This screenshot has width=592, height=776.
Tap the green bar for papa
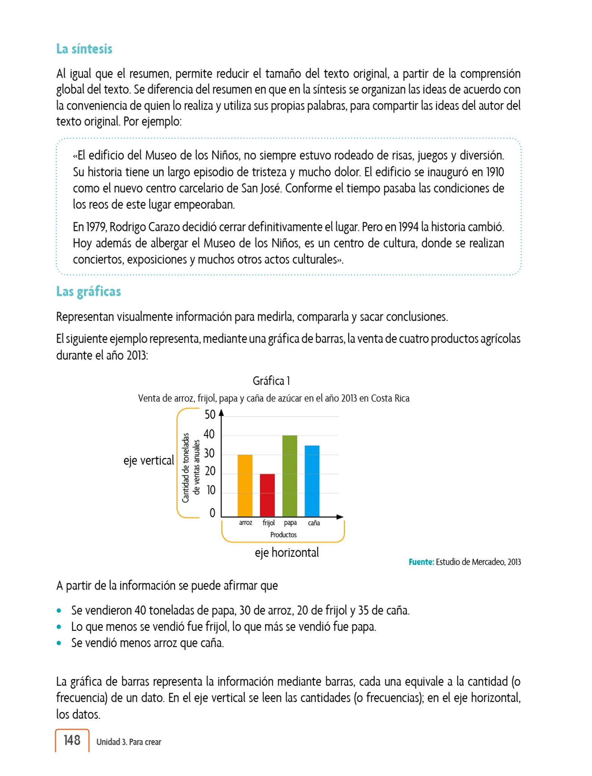point(290,476)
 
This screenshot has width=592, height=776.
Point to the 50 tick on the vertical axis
point(210,415)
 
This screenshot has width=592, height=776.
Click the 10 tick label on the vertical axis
point(210,490)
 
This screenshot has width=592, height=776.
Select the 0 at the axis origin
point(212,513)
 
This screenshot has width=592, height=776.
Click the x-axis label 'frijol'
point(268,523)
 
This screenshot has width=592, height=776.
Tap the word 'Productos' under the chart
point(283,535)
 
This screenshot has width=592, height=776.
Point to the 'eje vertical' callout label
point(149,460)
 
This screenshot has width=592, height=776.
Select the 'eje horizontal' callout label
point(287,552)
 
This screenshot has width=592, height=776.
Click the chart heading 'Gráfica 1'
point(271,381)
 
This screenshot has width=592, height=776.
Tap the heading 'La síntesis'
point(84,49)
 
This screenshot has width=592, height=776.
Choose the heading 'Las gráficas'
point(88,291)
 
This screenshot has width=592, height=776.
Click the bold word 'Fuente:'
point(421,562)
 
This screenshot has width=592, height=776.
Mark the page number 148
point(72,740)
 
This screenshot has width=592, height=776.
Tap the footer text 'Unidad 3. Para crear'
point(129,742)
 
